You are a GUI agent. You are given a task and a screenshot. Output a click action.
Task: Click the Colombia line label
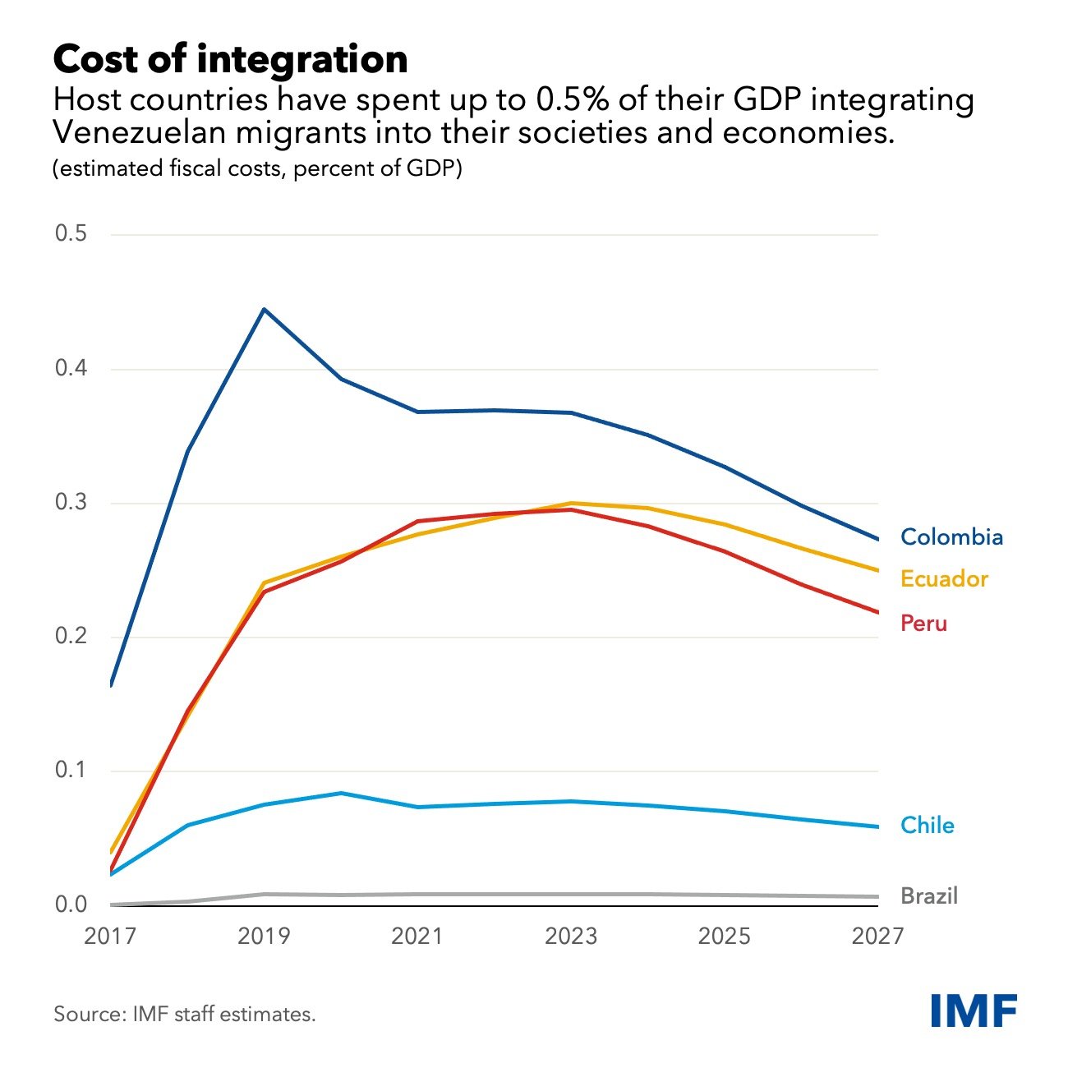(951, 537)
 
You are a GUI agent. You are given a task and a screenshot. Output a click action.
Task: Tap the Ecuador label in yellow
(944, 579)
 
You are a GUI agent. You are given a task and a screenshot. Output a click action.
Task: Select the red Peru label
(923, 624)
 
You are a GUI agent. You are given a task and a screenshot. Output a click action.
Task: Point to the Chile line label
(928, 826)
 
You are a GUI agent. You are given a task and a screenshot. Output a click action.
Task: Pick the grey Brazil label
(929, 895)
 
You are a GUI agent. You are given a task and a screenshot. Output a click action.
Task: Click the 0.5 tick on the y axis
(71, 233)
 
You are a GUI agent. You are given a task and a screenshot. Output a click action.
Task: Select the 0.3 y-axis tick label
(71, 502)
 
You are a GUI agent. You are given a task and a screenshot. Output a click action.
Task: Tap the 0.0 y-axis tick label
(71, 905)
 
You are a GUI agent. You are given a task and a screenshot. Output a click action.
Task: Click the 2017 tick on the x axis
(110, 937)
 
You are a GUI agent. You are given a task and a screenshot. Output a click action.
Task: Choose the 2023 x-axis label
(571, 937)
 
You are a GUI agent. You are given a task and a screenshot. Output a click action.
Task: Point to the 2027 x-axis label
(877, 937)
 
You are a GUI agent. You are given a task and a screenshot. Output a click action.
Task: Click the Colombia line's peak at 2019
(264, 309)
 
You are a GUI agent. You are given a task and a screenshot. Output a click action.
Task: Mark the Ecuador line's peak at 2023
(571, 503)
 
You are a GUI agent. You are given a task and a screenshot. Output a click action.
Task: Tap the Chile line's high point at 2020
(341, 793)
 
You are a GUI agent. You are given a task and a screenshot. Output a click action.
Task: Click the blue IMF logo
(974, 1010)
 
